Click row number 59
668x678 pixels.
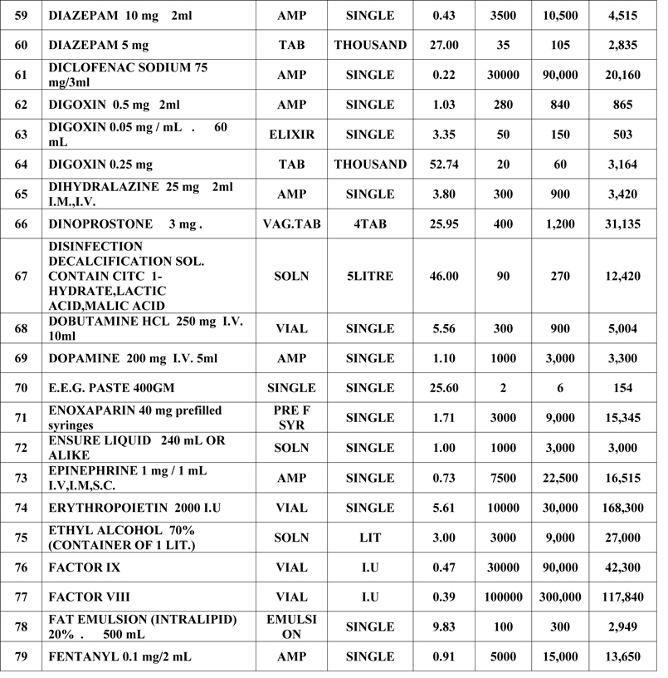click(x=21, y=15)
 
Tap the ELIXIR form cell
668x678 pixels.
click(x=291, y=135)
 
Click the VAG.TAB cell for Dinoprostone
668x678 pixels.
click(x=291, y=224)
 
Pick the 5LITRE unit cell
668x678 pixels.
click(x=370, y=276)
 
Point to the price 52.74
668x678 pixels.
click(x=445, y=165)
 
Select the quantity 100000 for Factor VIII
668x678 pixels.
click(x=504, y=597)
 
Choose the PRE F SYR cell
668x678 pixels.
click(x=291, y=417)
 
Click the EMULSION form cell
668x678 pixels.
click(x=291, y=626)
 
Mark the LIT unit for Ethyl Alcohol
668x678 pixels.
click(x=370, y=538)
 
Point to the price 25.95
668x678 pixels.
click(x=445, y=224)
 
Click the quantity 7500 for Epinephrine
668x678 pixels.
click(x=504, y=478)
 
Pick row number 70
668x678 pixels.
click(x=21, y=388)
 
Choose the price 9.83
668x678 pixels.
click(x=445, y=626)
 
